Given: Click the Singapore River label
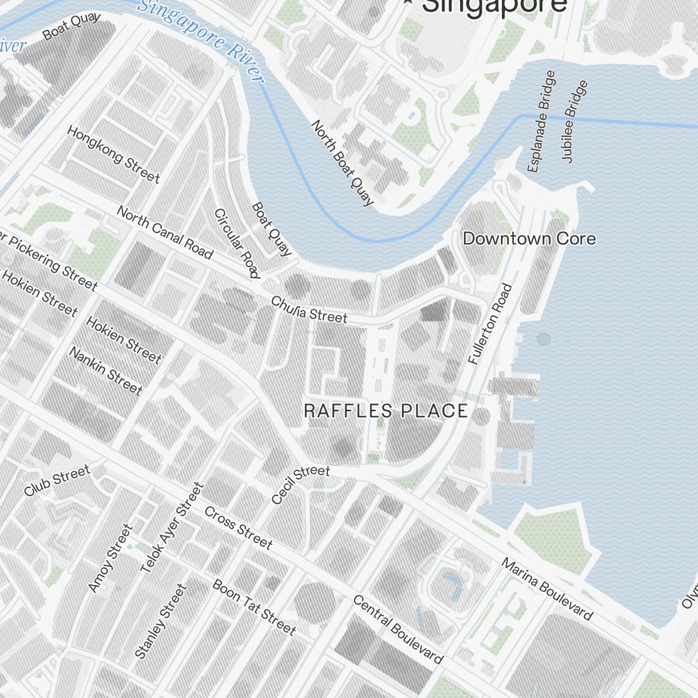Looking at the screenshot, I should point(201,40).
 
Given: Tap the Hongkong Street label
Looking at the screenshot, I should point(113,154).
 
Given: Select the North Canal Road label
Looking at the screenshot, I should point(164,232).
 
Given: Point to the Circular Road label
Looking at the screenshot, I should point(237,243).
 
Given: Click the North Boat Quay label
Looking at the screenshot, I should point(342,163).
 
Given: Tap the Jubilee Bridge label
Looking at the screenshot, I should point(574,121).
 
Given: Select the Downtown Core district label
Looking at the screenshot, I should point(529,239).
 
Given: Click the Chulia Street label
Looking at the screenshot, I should point(309,309).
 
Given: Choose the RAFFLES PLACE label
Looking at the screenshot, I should point(386,410).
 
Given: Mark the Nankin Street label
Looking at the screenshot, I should point(105,370).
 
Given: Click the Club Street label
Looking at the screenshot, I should point(57,482).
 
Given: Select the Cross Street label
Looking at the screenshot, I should point(238,527).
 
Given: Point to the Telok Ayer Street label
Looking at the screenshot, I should point(172,528).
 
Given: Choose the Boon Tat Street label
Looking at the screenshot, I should point(254,607).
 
